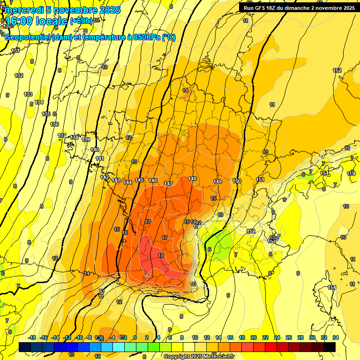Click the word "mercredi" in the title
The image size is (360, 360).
pos(22,9)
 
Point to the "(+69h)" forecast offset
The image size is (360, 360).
pos(81,21)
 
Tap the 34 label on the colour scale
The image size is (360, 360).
pos(335,337)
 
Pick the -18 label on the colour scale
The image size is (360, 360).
pos(32,337)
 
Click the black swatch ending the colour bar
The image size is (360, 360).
pos(330,347)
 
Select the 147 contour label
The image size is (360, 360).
pos(168,184)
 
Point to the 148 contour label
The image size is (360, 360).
pos(192,179)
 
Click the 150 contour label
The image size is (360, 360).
pos(237,181)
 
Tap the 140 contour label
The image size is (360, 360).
pos(95,150)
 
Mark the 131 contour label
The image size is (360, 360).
pos(15,51)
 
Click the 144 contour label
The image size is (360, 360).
pos(127,182)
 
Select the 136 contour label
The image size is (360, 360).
pos(54,124)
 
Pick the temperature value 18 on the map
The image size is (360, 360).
pos(161,255)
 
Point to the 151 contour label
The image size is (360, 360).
pos(260,180)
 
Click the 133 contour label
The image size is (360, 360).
pos(28,94)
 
